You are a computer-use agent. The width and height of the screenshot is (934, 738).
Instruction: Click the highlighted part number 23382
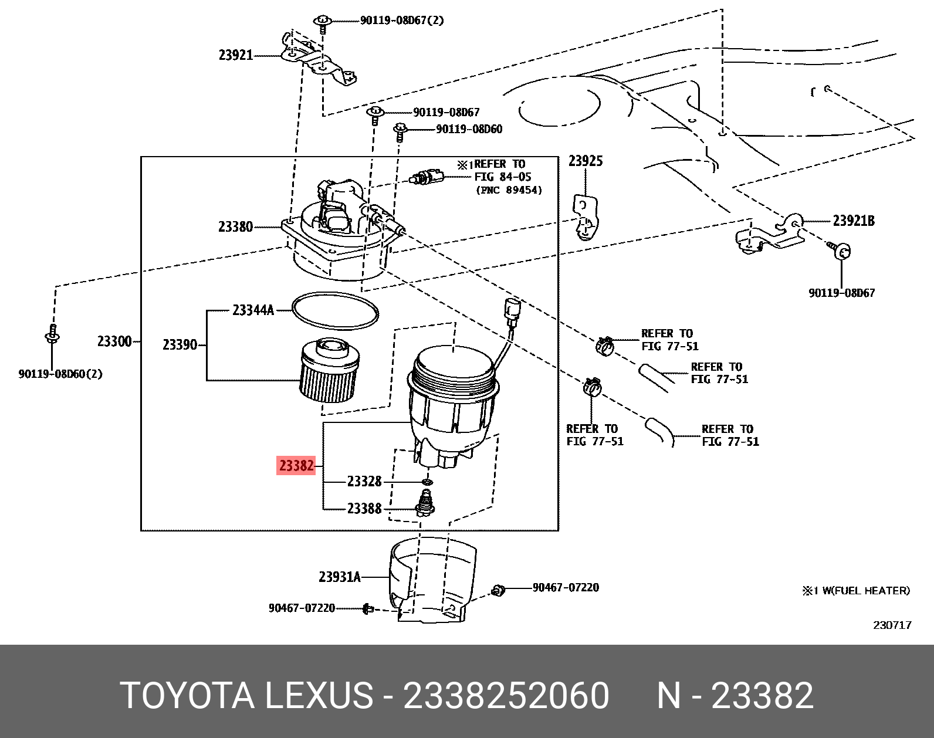tap(296, 466)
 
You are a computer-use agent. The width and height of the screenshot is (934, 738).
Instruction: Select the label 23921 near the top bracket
tap(236, 55)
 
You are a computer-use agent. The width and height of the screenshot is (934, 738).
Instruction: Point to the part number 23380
tap(235, 227)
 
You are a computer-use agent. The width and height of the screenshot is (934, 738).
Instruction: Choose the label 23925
tap(586, 161)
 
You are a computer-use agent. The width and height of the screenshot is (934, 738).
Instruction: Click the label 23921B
tap(853, 221)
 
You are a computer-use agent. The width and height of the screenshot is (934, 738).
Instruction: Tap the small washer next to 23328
tap(428, 482)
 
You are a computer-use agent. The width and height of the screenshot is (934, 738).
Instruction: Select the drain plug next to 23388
tap(426, 504)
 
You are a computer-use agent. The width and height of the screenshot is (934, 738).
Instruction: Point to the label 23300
tap(114, 341)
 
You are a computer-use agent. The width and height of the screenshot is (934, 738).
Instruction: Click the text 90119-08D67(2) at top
tap(402, 21)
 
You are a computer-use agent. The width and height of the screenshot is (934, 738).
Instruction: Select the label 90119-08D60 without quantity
tap(469, 129)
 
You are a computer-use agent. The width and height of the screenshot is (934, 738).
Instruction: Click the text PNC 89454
tap(509, 190)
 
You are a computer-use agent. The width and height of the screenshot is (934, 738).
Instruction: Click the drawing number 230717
tap(892, 625)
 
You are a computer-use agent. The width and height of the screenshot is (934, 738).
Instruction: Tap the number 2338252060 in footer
tap(506, 696)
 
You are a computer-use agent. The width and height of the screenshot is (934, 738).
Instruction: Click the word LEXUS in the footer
tap(319, 696)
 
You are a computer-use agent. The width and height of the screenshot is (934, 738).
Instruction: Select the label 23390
tap(180, 345)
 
